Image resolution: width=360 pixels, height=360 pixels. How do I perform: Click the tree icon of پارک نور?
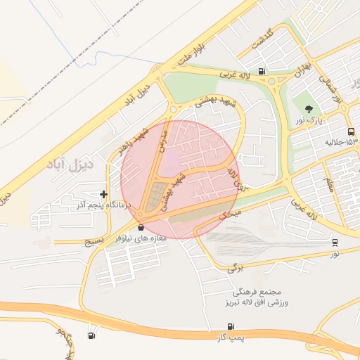[x=309, y=108]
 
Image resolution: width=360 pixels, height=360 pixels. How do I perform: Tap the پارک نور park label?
[x=309, y=120]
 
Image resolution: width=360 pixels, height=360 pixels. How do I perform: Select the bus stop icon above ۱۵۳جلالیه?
[x=351, y=131]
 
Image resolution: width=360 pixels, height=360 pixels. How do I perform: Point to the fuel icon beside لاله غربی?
[x=262, y=70]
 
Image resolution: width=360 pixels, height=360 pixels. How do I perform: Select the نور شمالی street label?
[x=330, y=89]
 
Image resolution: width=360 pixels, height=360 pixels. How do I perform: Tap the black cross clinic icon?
[x=104, y=194]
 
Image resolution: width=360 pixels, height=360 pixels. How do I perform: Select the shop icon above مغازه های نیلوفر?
[x=142, y=227]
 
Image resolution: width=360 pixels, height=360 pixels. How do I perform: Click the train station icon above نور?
[x=335, y=242]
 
